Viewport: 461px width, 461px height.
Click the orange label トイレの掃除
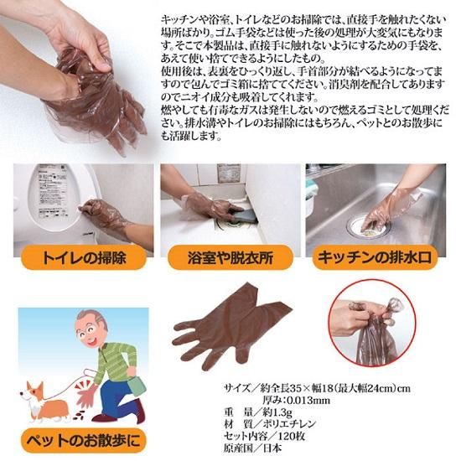coord(84,257)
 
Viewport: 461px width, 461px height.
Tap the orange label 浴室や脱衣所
coord(230,257)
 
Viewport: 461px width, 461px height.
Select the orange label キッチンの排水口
coord(375,257)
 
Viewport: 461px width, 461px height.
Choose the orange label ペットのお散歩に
coord(83,441)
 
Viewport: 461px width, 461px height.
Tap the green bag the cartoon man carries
coord(136,383)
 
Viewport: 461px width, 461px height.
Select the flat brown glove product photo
coord(231,326)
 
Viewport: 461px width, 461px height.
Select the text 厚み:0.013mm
coord(297,400)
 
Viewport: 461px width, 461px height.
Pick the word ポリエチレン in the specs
coord(289,424)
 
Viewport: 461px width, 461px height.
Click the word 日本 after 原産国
coord(272,448)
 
